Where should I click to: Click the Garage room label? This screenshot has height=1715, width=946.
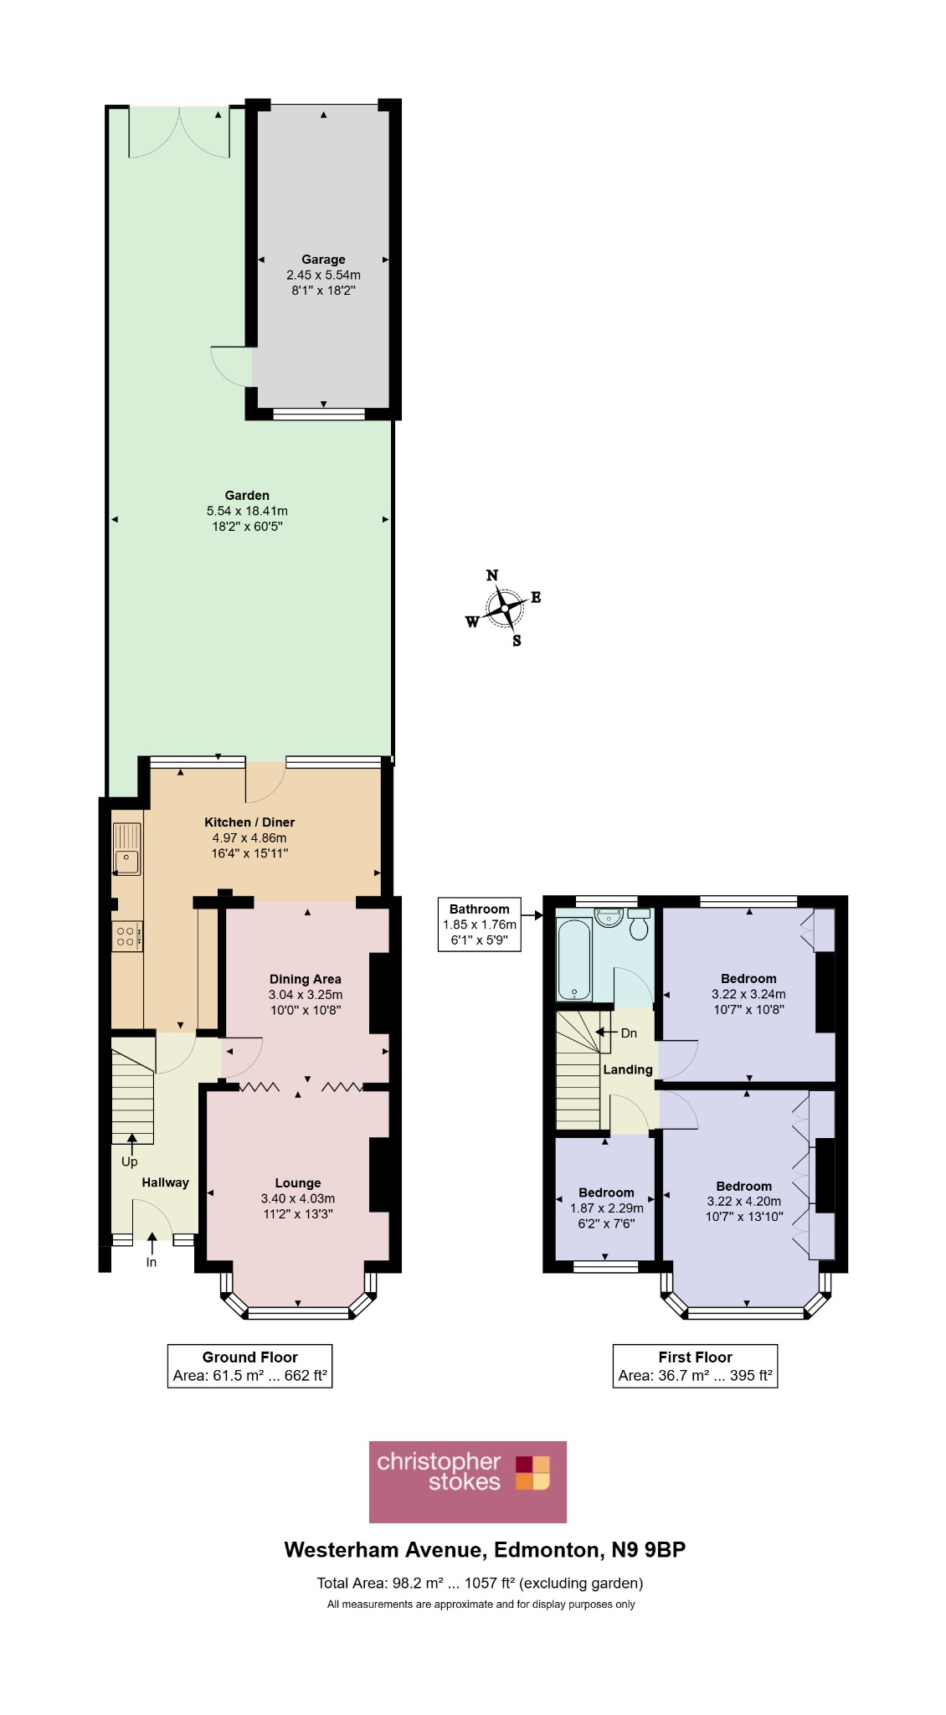pos(323,260)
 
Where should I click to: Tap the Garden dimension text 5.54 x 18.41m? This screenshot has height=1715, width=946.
pos(247,511)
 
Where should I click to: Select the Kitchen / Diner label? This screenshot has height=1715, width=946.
pos(249,822)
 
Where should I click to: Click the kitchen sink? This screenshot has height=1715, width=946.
pos(127,849)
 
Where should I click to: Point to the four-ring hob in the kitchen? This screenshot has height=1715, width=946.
pos(126,936)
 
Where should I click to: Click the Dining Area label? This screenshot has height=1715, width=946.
pos(306,979)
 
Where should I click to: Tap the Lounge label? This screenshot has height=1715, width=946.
pos(298,1183)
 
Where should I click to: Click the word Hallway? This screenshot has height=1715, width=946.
pos(165,1182)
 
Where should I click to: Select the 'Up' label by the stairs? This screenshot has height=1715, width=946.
pos(129,1162)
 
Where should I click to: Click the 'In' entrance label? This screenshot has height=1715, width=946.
pos(152,1262)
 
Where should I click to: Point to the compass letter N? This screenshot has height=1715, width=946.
pos(492,575)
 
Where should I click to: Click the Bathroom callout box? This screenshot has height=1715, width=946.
pos(480,924)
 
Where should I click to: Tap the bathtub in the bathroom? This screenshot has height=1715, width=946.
pos(574,960)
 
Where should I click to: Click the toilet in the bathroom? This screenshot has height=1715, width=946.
pos(639,924)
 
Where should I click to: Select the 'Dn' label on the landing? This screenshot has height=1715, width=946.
pos(629,1033)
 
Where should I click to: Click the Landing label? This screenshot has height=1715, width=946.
pos(628,1069)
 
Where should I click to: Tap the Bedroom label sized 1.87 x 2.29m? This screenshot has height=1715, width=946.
pos(606,1192)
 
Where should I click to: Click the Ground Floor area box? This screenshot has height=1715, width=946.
pos(250,1366)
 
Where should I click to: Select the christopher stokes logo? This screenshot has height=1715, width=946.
pos(468,1481)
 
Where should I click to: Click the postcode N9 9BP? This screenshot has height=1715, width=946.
pos(648,1550)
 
